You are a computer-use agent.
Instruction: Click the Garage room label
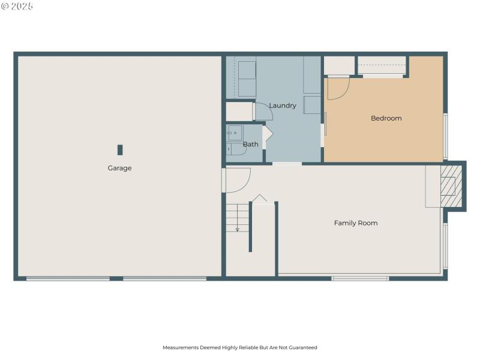[x=119, y=168]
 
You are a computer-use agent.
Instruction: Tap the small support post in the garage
[x=120, y=149]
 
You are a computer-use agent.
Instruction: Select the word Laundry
[x=282, y=106]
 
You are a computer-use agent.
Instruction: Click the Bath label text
[x=251, y=144]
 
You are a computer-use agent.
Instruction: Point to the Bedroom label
[x=386, y=118]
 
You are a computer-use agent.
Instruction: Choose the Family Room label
[x=356, y=223]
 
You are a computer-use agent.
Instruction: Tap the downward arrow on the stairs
[x=238, y=227]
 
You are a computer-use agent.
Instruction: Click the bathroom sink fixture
[x=234, y=133]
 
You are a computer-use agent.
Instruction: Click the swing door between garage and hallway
[x=236, y=180]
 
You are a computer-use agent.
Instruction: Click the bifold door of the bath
[x=268, y=134]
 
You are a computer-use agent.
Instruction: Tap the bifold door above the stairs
[x=259, y=199]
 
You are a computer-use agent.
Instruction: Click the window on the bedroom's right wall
[x=445, y=136]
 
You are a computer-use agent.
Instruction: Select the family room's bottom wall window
[x=360, y=278]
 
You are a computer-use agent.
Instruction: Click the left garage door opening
[x=68, y=278]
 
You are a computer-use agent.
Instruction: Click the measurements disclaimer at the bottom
[x=239, y=347]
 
